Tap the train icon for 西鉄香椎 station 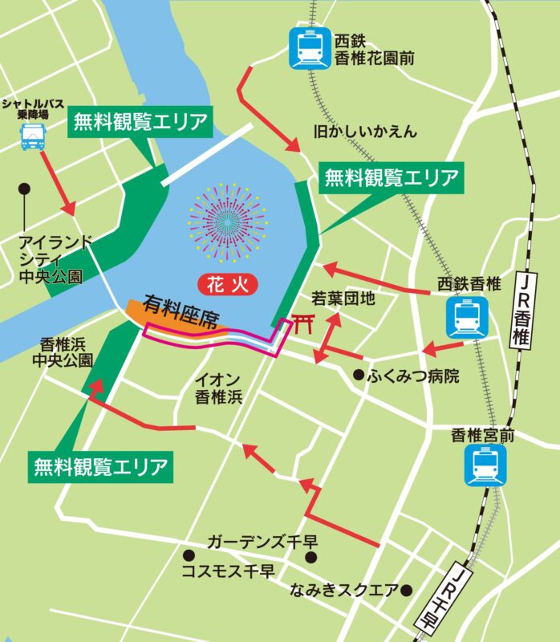[x=466, y=317]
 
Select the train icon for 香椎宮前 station [x=485, y=465]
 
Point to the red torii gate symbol [x=301, y=325]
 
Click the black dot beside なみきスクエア [x=407, y=591]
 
